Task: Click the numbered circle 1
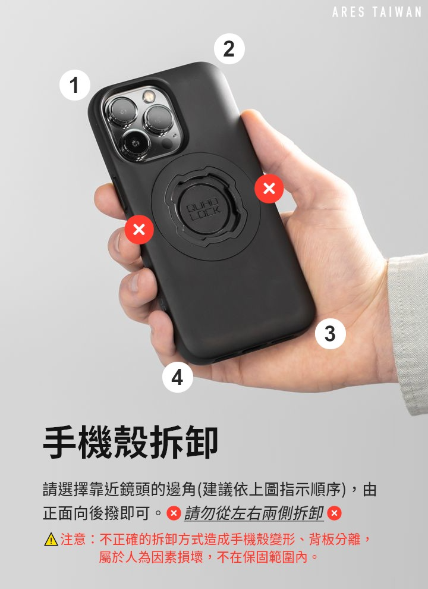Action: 75,85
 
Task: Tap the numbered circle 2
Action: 229,49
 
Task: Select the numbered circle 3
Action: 330,334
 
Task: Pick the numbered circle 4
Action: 178,377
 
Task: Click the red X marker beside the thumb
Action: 269,188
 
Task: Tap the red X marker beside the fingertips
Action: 139,229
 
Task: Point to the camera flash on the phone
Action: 149,95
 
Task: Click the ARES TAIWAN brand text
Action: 376,12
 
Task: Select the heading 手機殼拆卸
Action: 130,443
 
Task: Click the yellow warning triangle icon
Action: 51,540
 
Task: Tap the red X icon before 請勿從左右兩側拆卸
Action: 174,513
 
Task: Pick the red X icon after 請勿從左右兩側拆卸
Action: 334,513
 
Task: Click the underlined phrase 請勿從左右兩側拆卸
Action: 254,513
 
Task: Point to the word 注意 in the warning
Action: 73,540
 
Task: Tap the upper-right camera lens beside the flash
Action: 159,120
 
